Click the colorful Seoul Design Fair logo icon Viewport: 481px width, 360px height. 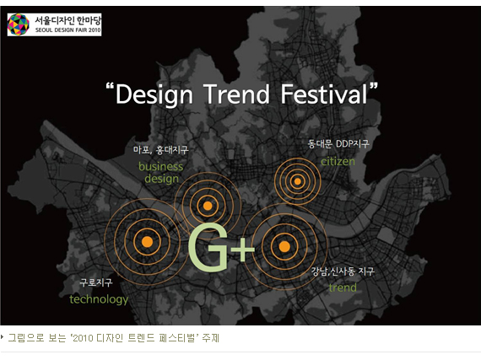point(19,24)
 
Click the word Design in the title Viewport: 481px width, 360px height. point(154,94)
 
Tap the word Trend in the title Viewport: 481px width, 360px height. point(236,94)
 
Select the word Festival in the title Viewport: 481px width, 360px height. point(324,94)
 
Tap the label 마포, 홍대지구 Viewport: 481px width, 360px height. point(160,150)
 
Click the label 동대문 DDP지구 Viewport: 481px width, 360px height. point(338,143)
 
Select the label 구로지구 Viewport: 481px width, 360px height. point(96,282)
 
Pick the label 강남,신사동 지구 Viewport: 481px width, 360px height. point(343,271)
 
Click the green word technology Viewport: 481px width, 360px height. point(99,299)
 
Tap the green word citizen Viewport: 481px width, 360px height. point(338,161)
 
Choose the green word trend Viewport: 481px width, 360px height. point(343,287)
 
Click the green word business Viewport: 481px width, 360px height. point(160,166)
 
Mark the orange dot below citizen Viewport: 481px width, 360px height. point(297,181)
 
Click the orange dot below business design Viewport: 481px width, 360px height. point(208,206)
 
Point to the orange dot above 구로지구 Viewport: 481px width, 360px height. point(147,242)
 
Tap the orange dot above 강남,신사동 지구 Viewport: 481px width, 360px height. point(284,247)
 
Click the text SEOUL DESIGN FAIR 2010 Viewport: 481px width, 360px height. point(68,30)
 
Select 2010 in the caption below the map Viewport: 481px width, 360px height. point(83,338)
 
